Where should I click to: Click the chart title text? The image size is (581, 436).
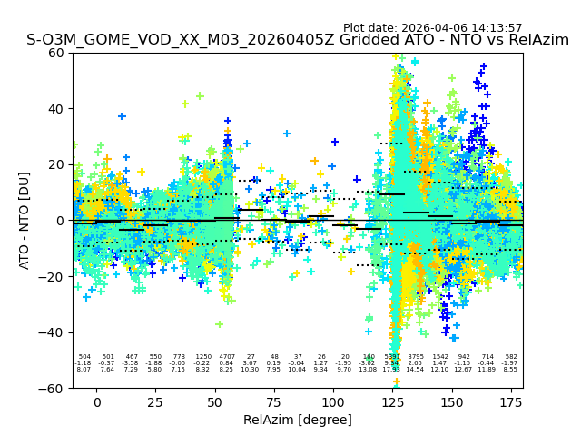[298, 40]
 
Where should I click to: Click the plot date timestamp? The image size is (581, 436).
[432, 28]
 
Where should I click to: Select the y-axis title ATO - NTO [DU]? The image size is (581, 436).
[25, 220]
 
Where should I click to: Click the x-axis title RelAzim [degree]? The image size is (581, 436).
[298, 420]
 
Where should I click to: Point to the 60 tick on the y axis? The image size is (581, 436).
[56, 53]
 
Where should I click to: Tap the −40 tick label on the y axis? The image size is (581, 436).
[53, 332]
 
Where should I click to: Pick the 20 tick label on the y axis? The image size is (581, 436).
[56, 164]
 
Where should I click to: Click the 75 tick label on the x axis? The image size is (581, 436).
[274, 402]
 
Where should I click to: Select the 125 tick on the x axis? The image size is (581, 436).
[392, 402]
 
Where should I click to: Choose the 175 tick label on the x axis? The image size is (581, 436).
[511, 402]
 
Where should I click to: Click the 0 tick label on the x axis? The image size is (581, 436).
[96, 402]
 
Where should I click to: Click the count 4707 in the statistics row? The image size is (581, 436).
[227, 357]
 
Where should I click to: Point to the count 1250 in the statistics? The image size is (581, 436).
[203, 357]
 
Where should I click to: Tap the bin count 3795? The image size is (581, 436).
[416, 357]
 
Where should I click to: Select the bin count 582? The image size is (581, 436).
[511, 357]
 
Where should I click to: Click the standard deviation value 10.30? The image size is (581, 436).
[251, 370]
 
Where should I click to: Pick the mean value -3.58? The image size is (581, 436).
[132, 363]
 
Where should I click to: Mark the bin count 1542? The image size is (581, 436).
[440, 357]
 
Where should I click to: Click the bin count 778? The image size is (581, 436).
[179, 357]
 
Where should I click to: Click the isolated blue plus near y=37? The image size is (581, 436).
[122, 116]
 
